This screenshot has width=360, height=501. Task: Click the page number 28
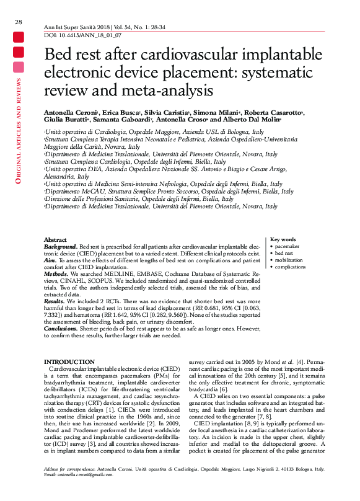click(x=19, y=22)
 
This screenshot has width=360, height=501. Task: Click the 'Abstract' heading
click(x=55, y=239)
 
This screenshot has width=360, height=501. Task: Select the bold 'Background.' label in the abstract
click(x=61, y=246)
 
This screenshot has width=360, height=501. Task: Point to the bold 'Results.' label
click(x=55, y=301)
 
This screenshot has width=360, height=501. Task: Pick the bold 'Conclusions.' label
click(x=61, y=328)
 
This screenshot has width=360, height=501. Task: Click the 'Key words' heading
click(x=283, y=239)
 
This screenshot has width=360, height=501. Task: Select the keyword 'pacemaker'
click(x=288, y=246)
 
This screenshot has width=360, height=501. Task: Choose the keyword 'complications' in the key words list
click(x=291, y=267)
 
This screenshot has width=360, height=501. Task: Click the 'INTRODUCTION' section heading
click(x=69, y=361)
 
